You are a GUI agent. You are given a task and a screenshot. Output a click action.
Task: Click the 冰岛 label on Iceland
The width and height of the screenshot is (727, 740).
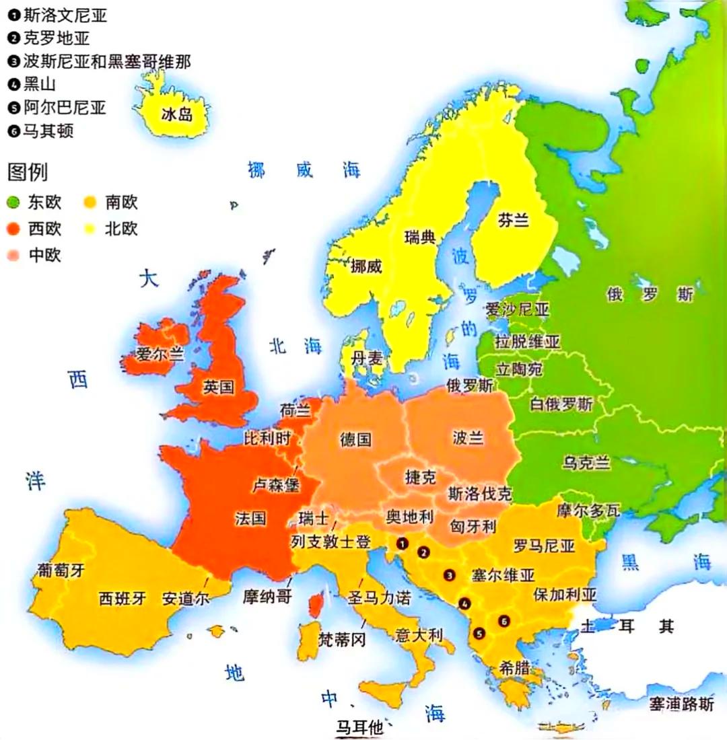click(177, 114)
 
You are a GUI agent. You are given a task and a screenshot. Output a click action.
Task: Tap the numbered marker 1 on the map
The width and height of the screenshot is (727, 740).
click(403, 542)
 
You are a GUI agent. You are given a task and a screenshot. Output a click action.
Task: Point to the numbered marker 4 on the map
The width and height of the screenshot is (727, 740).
click(464, 603)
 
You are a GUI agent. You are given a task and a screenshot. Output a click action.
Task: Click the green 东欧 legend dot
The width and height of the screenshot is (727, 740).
click(13, 202)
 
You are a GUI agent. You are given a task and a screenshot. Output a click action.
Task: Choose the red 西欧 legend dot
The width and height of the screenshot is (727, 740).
click(13, 229)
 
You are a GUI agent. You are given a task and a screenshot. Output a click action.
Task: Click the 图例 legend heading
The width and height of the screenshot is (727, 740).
click(28, 173)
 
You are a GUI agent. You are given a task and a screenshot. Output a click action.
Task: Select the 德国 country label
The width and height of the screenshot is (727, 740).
click(355, 440)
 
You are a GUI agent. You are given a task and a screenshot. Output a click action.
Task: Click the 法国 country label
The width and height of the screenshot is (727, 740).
click(250, 519)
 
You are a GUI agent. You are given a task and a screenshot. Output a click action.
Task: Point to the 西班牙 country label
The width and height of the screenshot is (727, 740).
click(122, 598)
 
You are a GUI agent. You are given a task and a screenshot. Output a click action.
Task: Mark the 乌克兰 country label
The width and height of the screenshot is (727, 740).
click(586, 463)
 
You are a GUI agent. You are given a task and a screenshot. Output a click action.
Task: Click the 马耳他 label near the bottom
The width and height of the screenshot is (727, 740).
click(359, 727)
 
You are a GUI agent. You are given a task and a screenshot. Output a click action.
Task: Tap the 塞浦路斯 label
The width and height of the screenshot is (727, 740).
click(681, 704)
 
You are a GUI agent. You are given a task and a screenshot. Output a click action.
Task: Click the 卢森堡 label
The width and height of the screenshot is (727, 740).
click(275, 484)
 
